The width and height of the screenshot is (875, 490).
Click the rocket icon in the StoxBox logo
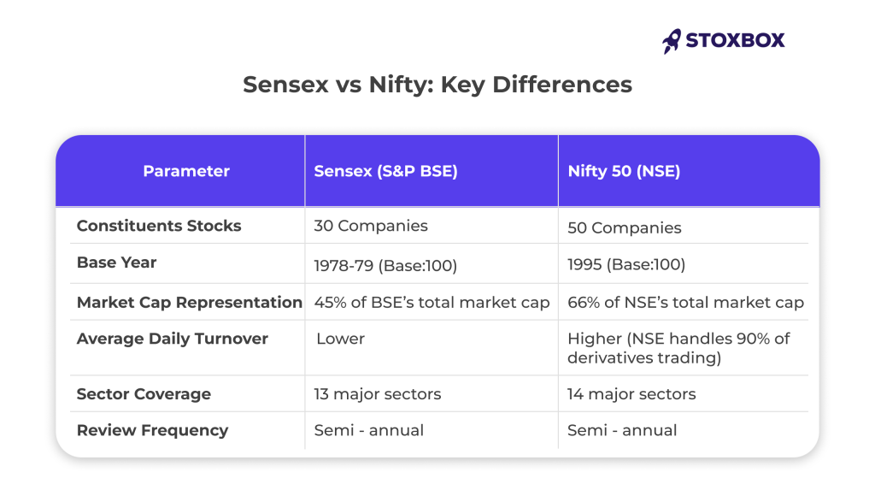(x=672, y=40)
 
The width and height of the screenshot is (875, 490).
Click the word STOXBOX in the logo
(x=735, y=40)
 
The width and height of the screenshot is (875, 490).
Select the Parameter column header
(x=186, y=171)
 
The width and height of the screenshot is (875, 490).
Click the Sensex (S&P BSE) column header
(x=385, y=171)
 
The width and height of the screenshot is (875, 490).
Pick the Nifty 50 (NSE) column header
(x=624, y=171)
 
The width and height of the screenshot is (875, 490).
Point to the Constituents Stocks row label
(x=159, y=226)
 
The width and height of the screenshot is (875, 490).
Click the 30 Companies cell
(x=371, y=227)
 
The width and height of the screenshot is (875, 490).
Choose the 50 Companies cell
(x=625, y=228)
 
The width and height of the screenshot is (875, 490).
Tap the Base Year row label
(x=116, y=263)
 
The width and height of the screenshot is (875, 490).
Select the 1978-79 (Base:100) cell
(x=385, y=265)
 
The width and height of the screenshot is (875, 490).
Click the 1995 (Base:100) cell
(x=626, y=264)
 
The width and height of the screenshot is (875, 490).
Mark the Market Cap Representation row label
(x=190, y=303)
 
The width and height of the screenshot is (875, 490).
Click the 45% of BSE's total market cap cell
(x=432, y=303)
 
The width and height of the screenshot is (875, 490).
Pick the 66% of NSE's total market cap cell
(x=685, y=303)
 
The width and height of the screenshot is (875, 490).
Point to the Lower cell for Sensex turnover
(x=340, y=339)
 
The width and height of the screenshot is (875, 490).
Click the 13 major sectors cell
(x=378, y=394)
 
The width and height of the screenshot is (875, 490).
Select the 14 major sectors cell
(x=631, y=394)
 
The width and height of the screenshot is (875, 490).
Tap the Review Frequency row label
(x=152, y=430)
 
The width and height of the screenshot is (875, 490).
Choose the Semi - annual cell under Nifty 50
(x=622, y=430)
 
